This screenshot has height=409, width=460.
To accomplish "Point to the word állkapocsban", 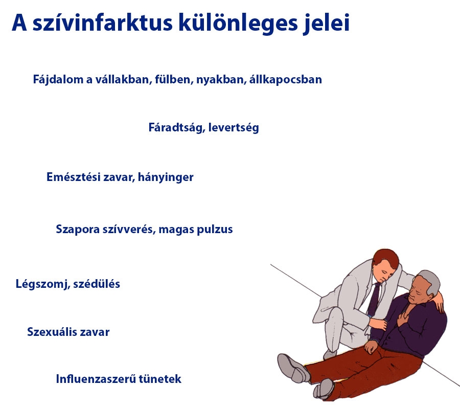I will pyautogui.click(x=286, y=80).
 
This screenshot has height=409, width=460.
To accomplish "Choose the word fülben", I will pyautogui.click(x=172, y=80).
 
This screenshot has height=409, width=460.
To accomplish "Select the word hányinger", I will pyautogui.click(x=166, y=178).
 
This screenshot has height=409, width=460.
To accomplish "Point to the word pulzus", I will pyautogui.click(x=215, y=230).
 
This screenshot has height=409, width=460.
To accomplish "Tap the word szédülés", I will pyautogui.click(x=97, y=284).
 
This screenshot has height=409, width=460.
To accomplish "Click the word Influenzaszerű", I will pyautogui.click(x=91, y=379).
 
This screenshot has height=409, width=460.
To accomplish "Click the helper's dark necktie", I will pyautogui.click(x=375, y=298).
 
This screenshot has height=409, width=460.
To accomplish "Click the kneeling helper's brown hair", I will pyautogui.click(x=384, y=258).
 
